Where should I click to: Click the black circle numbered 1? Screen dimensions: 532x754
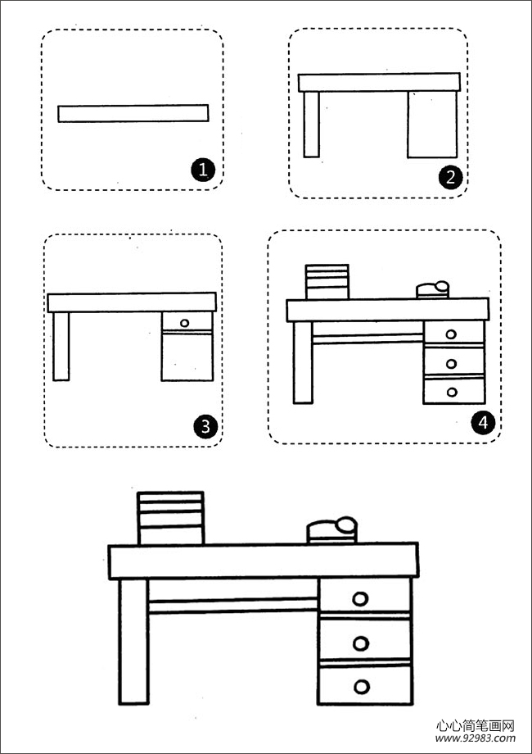coord(203,170)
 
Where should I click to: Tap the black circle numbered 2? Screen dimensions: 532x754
coord(450,178)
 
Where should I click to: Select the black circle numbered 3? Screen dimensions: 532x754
coord(205,427)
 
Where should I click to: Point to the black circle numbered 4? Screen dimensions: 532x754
coord(483,422)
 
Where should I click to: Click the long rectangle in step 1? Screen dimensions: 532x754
coord(133,113)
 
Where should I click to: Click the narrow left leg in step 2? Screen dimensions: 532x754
coord(312,124)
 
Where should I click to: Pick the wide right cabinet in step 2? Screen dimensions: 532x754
coord(432,124)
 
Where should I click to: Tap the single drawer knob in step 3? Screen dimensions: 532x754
coord(185,323)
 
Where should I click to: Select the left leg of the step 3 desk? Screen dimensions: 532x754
coord(61,346)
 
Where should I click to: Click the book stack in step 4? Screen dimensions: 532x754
coord(327,282)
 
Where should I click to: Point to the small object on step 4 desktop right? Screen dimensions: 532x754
coord(433,289)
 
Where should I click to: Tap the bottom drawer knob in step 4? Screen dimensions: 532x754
coord(452,393)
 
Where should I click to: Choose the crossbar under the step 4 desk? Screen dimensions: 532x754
coord(367,339)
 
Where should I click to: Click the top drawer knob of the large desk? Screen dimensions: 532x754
coord(360,598)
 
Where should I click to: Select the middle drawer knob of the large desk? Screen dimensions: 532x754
coord(361,643)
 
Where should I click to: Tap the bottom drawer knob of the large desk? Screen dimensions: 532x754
coord(362,687)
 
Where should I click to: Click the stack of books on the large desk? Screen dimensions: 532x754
coord(171,518)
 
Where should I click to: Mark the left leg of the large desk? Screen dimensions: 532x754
coord(133,642)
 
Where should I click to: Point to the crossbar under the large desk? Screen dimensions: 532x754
coord(233,606)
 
